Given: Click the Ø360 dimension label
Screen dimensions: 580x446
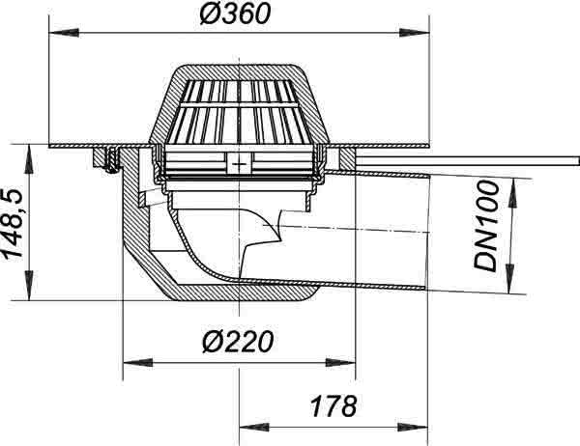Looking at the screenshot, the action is tap(236, 14).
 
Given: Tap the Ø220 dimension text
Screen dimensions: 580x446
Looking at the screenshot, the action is tap(238, 342).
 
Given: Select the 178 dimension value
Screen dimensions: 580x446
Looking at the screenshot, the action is tap(333, 405).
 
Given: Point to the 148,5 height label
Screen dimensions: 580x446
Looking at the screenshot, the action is tap(14, 223).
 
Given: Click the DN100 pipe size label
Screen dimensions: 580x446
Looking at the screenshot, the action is tap(486, 227).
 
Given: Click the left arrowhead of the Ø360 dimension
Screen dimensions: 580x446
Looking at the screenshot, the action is tap(64, 33).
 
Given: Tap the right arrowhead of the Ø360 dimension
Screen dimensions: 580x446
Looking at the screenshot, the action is tap(415, 33).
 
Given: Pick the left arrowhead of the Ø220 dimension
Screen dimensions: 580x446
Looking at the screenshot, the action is tap(137, 362).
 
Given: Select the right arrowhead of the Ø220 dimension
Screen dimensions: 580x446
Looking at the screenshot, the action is tap(340, 362).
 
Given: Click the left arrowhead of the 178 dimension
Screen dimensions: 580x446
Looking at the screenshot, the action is tap(254, 428).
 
